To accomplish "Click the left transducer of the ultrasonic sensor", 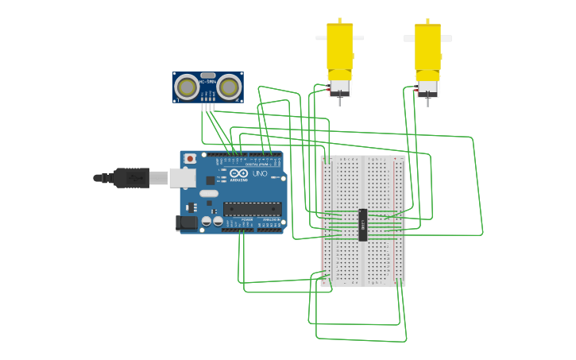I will [187, 87].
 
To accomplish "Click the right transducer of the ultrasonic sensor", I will [229, 87].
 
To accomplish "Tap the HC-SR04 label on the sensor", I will [208, 82].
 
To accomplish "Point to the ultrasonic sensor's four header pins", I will [208, 106].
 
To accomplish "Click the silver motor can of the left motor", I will [340, 87].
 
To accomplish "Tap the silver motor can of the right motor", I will [427, 87].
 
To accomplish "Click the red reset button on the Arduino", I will [190, 159].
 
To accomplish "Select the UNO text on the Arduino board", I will [260, 173].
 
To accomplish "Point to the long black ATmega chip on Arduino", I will [252, 209].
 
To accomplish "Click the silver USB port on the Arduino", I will [183, 177].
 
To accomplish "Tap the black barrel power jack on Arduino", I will [186, 223].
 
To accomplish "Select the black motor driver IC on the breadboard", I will [363, 225].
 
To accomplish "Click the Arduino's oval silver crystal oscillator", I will [209, 193].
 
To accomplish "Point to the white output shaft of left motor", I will [321, 37].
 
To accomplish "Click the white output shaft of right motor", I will [446, 37].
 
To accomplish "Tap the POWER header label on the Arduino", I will [247, 219].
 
